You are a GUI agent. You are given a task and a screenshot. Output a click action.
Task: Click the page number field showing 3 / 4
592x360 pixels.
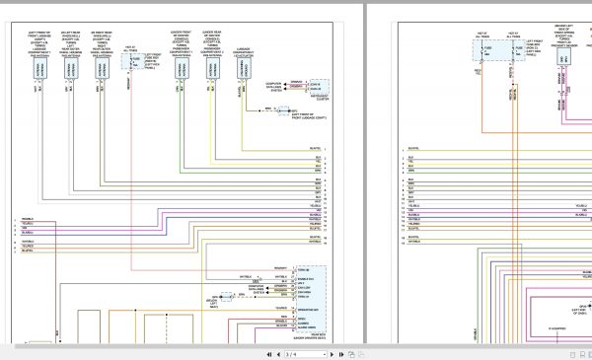pos(294,352)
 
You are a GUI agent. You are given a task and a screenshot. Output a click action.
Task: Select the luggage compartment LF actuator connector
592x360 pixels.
pos(243,68)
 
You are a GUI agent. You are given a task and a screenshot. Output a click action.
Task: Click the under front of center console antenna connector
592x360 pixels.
pos(182,68)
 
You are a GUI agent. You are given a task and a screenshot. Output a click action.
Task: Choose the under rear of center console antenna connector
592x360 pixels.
pos(212,68)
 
